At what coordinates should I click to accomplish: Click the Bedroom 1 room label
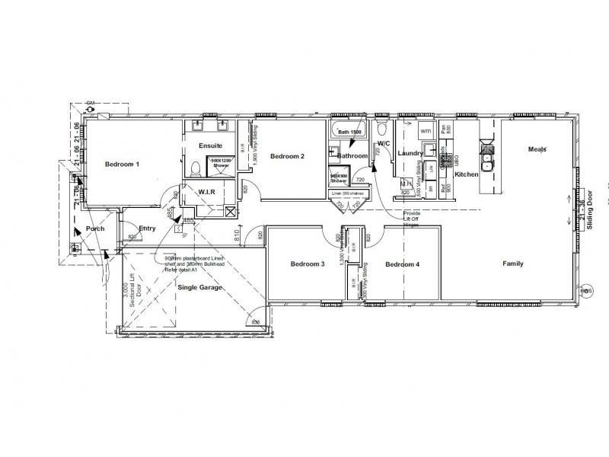click(123, 164)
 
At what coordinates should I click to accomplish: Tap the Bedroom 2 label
click(287, 156)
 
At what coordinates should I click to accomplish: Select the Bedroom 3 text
click(308, 264)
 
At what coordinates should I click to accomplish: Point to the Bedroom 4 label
click(402, 264)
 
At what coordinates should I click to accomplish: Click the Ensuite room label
click(210, 145)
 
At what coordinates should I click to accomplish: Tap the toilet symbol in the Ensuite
click(194, 167)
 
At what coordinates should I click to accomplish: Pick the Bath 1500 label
click(349, 133)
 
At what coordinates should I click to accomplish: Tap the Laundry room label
click(410, 153)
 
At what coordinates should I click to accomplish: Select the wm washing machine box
click(425, 132)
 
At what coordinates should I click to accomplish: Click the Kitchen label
click(466, 174)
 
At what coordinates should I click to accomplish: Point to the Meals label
click(537, 149)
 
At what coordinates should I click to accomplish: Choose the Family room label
click(512, 264)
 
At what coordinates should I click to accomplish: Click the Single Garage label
click(199, 287)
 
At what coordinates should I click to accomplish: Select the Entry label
click(147, 228)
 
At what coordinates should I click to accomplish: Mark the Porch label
click(95, 228)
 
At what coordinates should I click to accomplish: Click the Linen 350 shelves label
click(347, 193)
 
